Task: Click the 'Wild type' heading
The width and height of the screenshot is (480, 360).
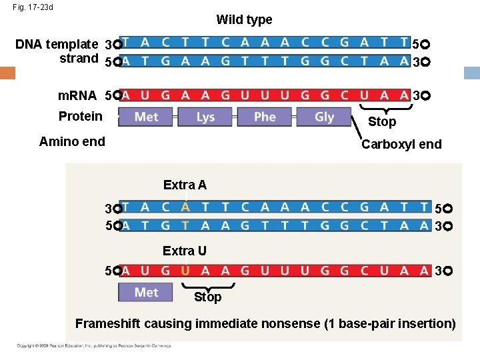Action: click(244, 20)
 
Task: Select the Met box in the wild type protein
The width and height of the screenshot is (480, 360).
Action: click(146, 117)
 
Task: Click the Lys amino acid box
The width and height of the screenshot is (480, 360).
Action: click(205, 117)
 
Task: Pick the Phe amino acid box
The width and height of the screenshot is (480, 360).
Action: click(265, 117)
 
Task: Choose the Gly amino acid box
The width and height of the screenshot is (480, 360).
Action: click(324, 117)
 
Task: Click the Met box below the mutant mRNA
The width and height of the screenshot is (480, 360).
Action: click(146, 292)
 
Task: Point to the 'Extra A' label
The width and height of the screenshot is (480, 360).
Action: click(185, 185)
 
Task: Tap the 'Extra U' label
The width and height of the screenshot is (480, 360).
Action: click(185, 251)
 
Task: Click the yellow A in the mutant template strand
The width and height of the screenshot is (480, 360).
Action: click(185, 207)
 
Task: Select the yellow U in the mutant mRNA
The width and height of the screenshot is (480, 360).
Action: click(185, 271)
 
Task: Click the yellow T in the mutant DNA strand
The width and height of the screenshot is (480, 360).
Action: click(185, 225)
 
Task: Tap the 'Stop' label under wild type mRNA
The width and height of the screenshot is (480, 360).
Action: click(382, 121)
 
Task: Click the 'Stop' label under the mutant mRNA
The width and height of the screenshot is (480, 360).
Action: click(207, 297)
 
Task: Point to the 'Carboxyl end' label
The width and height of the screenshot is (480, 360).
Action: click(401, 144)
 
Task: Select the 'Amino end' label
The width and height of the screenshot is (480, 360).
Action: click(72, 141)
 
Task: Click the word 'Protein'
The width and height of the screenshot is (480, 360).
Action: click(81, 117)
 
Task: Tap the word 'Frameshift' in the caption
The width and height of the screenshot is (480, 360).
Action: click(109, 324)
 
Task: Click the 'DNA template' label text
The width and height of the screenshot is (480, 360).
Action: click(57, 45)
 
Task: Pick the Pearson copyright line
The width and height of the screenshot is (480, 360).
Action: click(94, 345)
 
